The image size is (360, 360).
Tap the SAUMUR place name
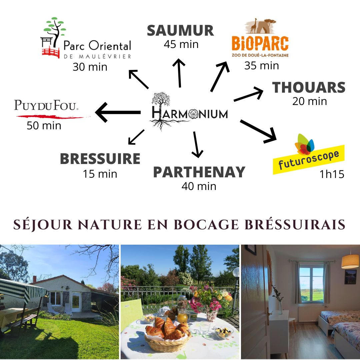click(x=180, y=31)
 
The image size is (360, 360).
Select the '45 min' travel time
click(x=181, y=44)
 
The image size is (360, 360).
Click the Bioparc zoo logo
click(x=260, y=38)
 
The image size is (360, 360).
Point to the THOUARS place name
click(x=309, y=87)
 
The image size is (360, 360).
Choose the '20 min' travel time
click(x=309, y=101)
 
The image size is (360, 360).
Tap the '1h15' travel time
click(x=332, y=174)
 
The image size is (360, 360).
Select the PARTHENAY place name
click(x=199, y=172)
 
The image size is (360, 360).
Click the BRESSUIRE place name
click(x=100, y=158)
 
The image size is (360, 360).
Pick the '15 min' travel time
click(x=100, y=174)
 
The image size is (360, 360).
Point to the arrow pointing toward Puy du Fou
click(x=118, y=112)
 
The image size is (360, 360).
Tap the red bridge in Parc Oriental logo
click(x=51, y=53)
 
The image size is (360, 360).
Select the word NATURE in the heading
click(x=110, y=224)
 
